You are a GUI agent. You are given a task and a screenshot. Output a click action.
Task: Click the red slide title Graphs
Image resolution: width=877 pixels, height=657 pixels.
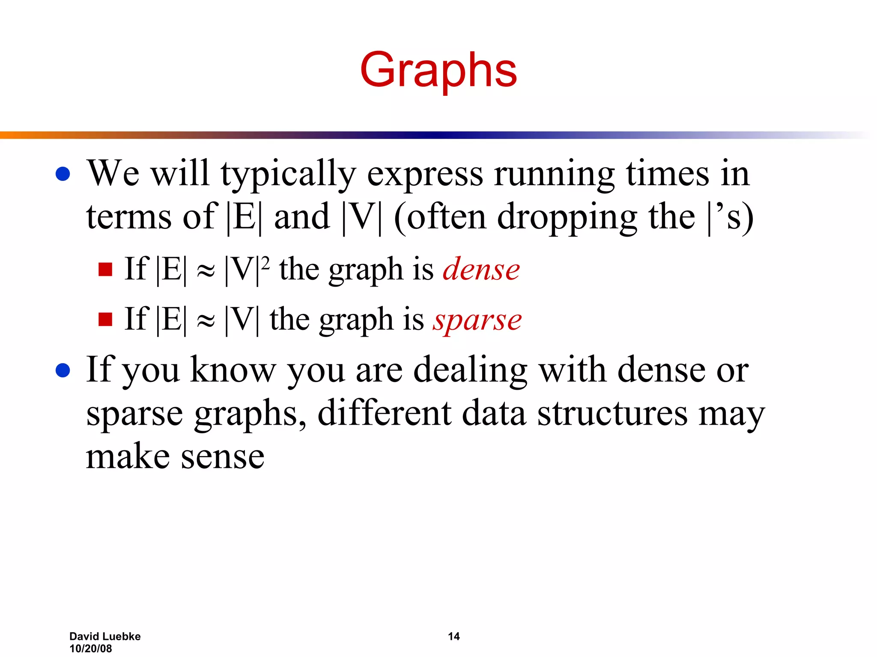(x=438, y=71)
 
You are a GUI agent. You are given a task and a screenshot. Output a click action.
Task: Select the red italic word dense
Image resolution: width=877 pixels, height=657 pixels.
(x=481, y=270)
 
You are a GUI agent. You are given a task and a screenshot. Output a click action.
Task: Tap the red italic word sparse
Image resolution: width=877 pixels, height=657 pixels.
(x=477, y=320)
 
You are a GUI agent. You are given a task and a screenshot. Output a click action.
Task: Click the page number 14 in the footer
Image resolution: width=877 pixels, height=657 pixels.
(x=453, y=636)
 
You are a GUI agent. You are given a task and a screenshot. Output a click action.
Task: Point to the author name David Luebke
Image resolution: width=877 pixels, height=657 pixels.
(x=105, y=636)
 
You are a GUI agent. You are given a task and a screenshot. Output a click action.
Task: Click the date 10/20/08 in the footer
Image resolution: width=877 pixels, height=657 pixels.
(x=91, y=648)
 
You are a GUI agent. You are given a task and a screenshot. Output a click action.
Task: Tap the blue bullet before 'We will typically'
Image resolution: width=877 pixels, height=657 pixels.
(x=63, y=174)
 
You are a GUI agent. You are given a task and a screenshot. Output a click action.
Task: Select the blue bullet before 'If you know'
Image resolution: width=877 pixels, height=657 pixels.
(x=63, y=370)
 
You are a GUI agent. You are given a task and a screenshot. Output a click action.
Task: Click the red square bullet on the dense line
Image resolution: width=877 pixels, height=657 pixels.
(x=105, y=269)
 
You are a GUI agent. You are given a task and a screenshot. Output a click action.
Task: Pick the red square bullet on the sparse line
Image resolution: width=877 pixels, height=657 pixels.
(x=105, y=319)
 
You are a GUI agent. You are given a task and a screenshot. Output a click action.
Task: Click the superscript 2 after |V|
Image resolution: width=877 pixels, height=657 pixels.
(x=265, y=262)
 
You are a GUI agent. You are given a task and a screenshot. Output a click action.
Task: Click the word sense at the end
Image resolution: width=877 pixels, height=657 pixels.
(x=222, y=457)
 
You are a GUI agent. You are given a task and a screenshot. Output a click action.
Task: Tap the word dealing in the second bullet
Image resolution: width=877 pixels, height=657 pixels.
(x=470, y=370)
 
